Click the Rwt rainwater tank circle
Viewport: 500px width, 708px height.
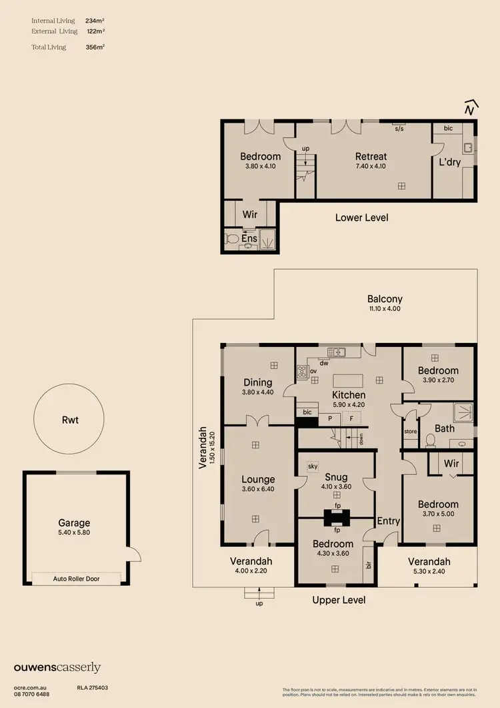point(69,421)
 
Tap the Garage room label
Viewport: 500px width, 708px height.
point(74,523)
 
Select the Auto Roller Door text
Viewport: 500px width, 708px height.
point(76,579)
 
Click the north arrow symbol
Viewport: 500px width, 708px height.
point(470,108)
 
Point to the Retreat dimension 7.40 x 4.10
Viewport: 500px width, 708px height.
point(371,166)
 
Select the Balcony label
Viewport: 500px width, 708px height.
point(385,300)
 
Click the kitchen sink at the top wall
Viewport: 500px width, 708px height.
point(335,352)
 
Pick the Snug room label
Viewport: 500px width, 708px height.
point(335,477)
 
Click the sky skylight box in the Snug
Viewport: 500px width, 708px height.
point(313,466)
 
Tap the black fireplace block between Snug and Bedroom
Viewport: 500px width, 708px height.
point(337,518)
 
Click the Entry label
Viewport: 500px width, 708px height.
point(388,521)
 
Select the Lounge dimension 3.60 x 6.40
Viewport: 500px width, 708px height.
point(258,489)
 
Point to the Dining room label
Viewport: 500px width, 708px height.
point(257,382)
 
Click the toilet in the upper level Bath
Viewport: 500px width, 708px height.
point(430,440)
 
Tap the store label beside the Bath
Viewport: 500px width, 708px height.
point(410,432)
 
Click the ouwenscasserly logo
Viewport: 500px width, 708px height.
point(57,667)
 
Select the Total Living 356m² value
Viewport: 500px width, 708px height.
point(95,47)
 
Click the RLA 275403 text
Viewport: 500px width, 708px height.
point(93,686)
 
